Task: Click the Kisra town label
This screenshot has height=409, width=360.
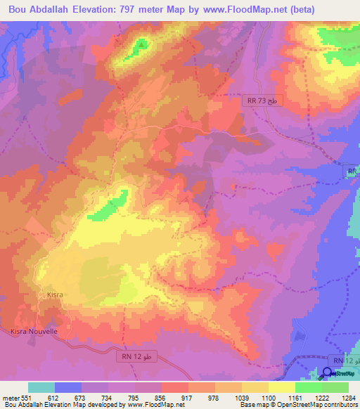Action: tap(55, 295)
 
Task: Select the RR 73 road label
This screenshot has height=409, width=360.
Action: tap(257, 102)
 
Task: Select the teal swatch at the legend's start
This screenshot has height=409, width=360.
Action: tap(41, 387)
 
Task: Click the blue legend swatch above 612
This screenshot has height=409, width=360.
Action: tap(68, 387)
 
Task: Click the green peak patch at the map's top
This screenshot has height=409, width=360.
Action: tap(141, 45)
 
